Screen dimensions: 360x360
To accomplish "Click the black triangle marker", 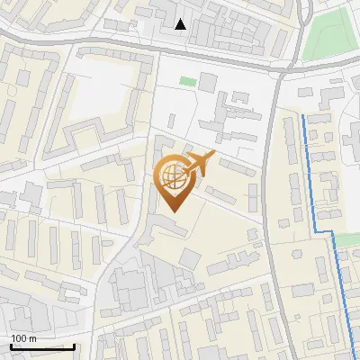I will click(x=182, y=24).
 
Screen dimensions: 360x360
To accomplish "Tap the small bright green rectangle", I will click(x=187, y=81).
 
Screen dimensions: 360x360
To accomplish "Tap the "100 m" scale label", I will click(x=23, y=338).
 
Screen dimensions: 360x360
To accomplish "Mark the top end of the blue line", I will click(x=304, y=116).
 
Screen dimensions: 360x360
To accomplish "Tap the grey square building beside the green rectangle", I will click(x=208, y=83).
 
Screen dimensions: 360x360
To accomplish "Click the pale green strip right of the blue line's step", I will click(x=347, y=240).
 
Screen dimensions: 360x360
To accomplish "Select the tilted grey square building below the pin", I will click(x=189, y=258).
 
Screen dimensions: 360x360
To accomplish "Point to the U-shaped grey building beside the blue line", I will click(x=329, y=189).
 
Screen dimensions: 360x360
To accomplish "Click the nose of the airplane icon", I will click(x=215, y=154).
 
